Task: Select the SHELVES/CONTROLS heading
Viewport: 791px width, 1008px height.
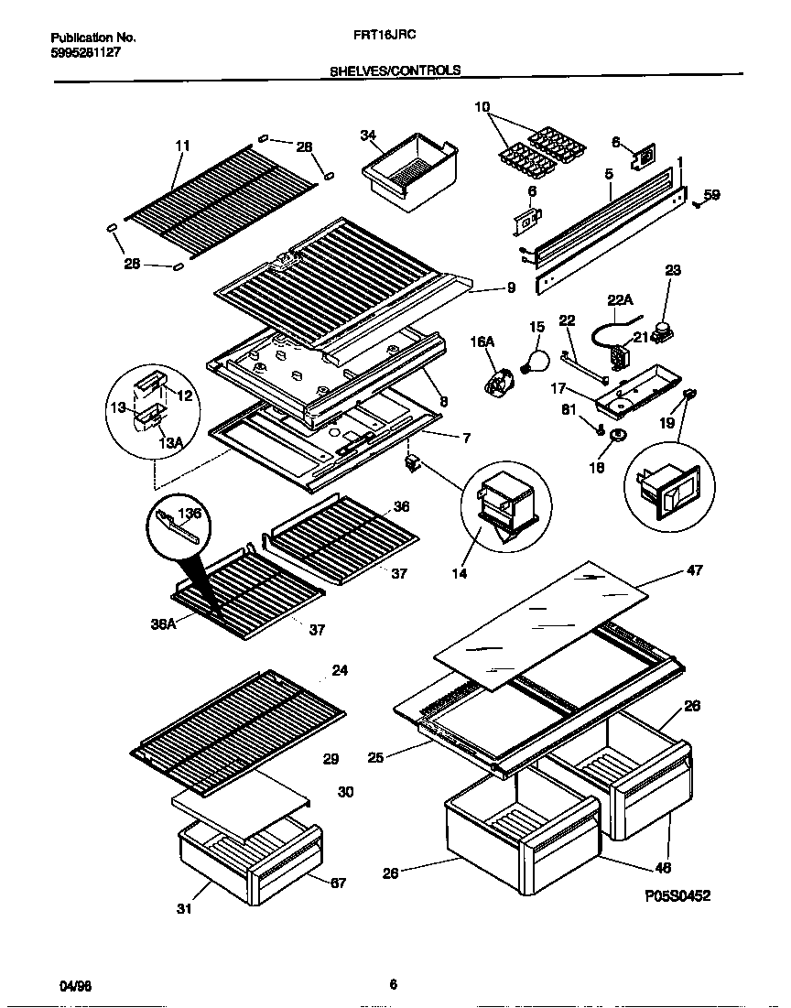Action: pyautogui.click(x=395, y=70)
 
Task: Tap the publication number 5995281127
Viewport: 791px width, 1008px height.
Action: pyautogui.click(x=84, y=53)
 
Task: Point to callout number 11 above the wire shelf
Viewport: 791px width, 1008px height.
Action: pyautogui.click(x=183, y=146)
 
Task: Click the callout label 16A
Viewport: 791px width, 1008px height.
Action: pyautogui.click(x=482, y=341)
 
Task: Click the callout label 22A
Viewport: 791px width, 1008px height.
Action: pyautogui.click(x=621, y=298)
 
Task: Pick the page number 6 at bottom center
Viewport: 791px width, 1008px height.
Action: pyautogui.click(x=393, y=985)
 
